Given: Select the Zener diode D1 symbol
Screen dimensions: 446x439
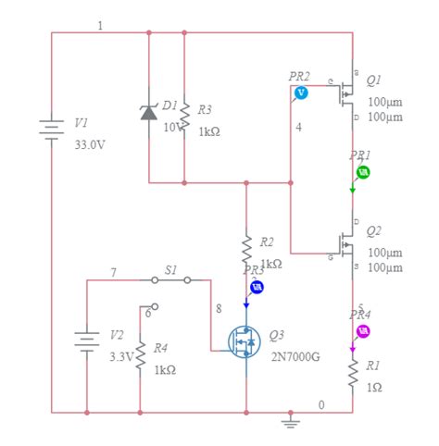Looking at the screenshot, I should coord(148,112).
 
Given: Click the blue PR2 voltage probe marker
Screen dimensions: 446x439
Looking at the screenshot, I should coord(300,93).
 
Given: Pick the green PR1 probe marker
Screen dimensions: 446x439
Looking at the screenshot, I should coord(364,172).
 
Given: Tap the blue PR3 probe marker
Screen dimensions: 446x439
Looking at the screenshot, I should coord(258,286).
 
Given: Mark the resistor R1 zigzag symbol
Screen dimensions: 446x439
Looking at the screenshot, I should coord(353,373).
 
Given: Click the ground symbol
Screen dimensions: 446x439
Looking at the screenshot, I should coord(291,421).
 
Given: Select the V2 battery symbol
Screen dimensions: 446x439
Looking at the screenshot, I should coord(86,342).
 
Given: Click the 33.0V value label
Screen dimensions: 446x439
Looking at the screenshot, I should coord(89,144).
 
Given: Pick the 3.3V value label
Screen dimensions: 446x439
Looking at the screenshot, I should coord(120,354).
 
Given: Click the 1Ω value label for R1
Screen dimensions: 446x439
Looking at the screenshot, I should coord(375,387).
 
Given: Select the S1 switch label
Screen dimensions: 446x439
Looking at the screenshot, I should coord(171,268).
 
